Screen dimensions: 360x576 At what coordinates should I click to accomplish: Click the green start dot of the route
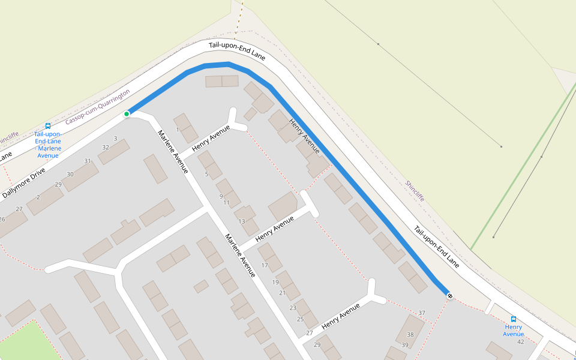[x=127, y=114]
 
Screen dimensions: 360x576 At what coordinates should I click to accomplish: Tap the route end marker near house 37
[x=449, y=295]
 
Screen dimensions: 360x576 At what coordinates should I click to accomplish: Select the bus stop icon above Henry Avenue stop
[x=514, y=319]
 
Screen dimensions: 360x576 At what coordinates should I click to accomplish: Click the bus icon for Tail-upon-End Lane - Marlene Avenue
[x=48, y=126]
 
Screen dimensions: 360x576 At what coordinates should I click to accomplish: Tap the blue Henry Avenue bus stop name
[x=514, y=331]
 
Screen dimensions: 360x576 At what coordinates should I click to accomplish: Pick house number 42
[x=521, y=341]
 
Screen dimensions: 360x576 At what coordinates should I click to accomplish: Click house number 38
[x=410, y=335]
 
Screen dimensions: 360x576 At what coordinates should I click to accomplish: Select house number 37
[x=422, y=313]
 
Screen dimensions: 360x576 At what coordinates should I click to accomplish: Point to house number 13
[x=242, y=221]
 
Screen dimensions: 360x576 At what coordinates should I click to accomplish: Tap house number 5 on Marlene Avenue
[x=206, y=175]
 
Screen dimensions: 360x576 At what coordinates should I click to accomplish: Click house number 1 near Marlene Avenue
[x=178, y=130]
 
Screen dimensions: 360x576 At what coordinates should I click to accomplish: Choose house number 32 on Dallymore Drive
[x=106, y=147]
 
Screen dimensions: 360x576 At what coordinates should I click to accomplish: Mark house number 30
[x=70, y=174]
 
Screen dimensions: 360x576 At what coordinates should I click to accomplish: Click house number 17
[x=263, y=266]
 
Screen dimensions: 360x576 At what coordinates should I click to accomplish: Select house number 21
[x=283, y=293]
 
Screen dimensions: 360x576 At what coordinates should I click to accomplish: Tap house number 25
[x=301, y=319]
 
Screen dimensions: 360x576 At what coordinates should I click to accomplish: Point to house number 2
[x=38, y=197]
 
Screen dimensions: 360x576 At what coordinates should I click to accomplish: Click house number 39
[x=405, y=345]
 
